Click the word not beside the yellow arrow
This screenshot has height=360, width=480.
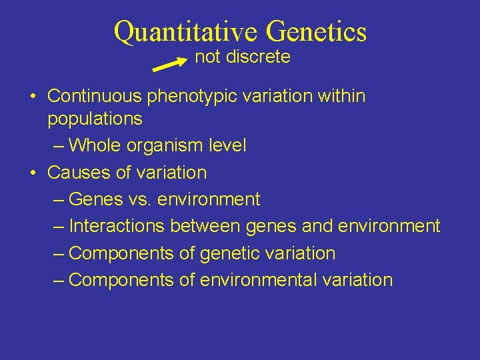point(207,57)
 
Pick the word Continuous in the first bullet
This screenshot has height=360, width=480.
point(95,96)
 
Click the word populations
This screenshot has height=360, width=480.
point(95,119)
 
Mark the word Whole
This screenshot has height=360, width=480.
point(91,145)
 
